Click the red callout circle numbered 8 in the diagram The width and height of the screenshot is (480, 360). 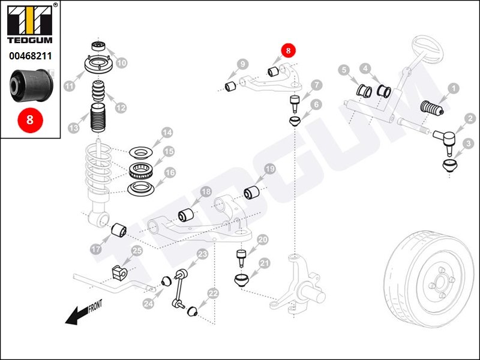289,51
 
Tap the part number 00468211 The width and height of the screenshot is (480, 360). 30,56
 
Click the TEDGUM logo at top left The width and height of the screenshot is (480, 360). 30,24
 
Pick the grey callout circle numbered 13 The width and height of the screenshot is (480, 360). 74,128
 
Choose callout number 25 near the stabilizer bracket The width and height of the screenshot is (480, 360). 137,251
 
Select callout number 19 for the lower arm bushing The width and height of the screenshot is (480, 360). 269,170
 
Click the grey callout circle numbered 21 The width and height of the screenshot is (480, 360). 265,263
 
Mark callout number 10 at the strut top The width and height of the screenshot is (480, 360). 122,62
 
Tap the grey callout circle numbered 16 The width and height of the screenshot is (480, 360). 170,173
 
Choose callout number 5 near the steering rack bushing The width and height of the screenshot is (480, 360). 344,70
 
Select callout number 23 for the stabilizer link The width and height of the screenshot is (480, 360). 202,254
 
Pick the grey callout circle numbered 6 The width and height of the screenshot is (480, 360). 316,105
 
